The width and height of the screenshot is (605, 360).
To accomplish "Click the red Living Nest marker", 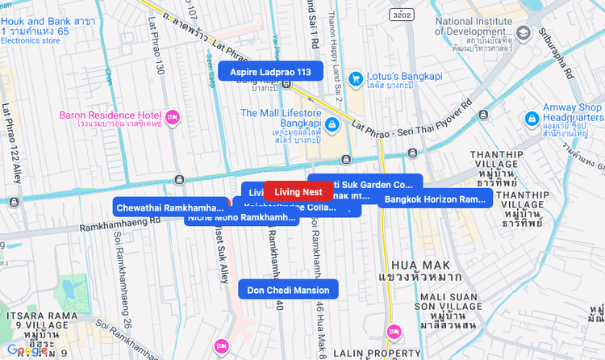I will click(298, 191).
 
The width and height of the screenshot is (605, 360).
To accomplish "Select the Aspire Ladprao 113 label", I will click(270, 71).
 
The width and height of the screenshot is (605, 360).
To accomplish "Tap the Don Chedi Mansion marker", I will click(288, 290).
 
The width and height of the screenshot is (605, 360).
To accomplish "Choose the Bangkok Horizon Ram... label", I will click(435, 199).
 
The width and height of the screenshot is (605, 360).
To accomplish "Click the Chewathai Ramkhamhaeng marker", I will click(170, 207).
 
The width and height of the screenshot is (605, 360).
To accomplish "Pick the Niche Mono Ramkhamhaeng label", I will click(240, 218).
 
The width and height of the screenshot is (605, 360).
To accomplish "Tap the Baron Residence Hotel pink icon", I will click(172, 118).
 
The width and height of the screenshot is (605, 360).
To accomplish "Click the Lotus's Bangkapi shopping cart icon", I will click(356, 78).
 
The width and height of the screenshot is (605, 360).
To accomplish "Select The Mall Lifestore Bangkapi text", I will click(281, 113).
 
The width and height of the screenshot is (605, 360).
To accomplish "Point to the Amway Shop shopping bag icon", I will click(532, 119).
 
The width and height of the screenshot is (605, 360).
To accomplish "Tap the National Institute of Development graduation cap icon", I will click(524, 31).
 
